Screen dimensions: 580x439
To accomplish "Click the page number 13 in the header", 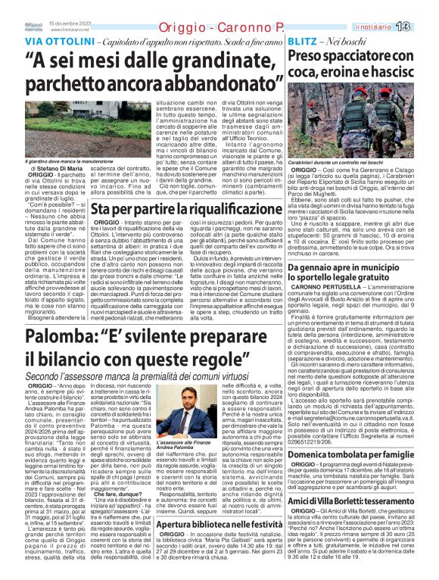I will (423, 27).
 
